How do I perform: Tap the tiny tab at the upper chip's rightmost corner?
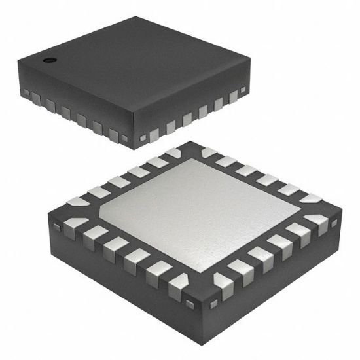point(244,88)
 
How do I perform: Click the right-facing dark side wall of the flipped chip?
point(275,275)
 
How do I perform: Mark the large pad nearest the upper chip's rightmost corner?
point(234,97)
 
